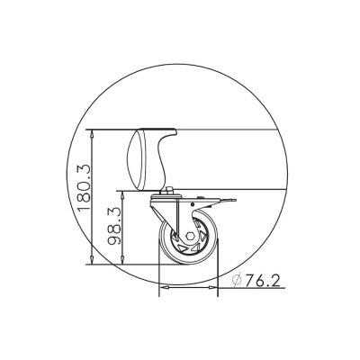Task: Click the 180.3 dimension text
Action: pyautogui.click(x=84, y=184)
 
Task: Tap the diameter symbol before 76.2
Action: pyautogui.click(x=235, y=281)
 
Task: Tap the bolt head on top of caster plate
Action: pyautogui.click(x=169, y=189)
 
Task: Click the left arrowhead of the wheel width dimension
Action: pyautogui.click(x=162, y=288)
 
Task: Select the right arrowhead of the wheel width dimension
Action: pyautogui.click(x=216, y=288)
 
